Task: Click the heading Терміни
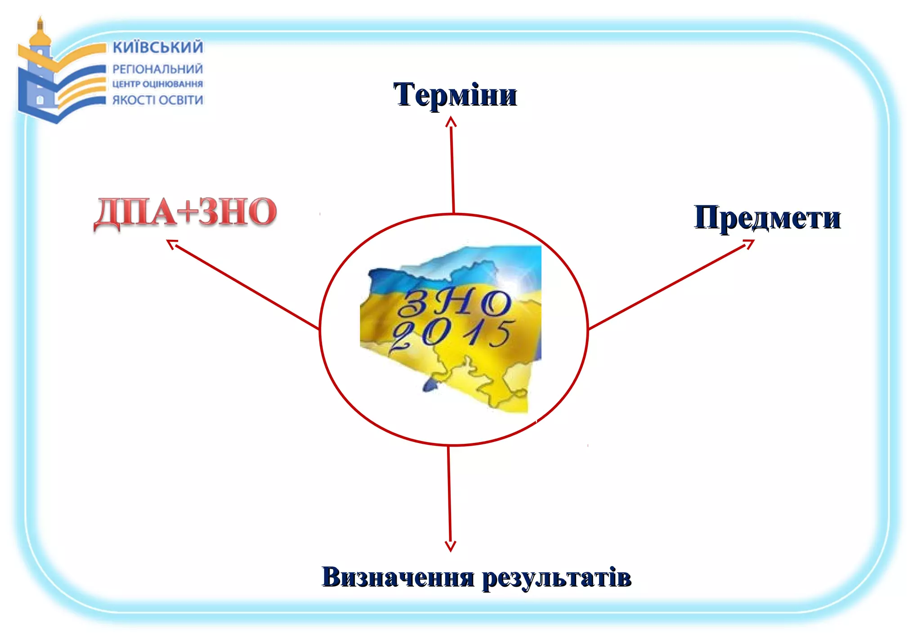tap(455, 95)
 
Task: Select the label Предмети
tap(767, 218)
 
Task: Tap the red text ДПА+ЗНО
tap(185, 212)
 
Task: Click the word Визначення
tap(398, 577)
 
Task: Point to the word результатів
tap(557, 578)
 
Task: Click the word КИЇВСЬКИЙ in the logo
tap(157, 47)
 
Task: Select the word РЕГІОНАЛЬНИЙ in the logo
tap(157, 69)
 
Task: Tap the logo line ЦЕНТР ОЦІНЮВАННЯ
tap(157, 84)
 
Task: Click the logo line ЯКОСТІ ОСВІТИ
tap(157, 100)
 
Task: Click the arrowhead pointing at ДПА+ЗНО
tap(171, 243)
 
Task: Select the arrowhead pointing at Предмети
tap(749, 243)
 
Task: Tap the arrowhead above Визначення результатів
tap(450, 547)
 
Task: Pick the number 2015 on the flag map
tap(452, 334)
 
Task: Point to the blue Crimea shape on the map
tap(429, 384)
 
